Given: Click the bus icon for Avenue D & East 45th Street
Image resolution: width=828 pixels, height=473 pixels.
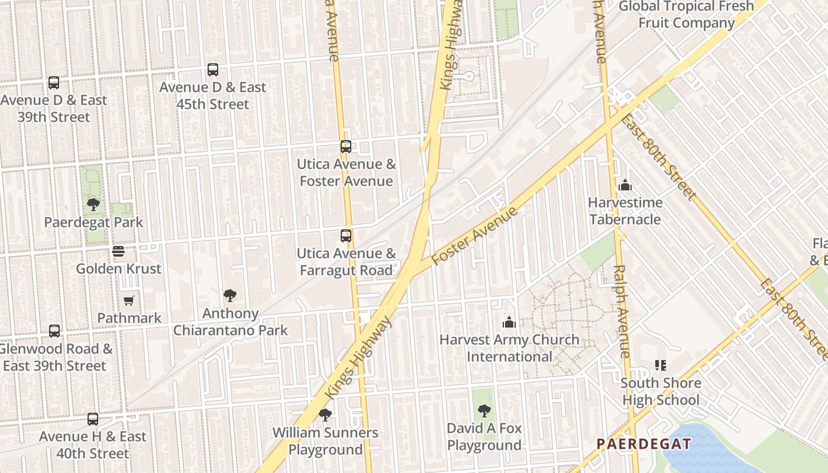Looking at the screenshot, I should pos(213,70).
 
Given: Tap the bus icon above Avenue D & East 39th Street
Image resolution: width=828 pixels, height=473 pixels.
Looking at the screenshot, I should pos(54,83).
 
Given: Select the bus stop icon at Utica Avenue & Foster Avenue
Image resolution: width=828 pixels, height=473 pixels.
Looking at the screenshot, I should pos(346,147).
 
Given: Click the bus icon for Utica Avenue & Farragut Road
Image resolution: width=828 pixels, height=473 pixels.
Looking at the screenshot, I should pos(346,236).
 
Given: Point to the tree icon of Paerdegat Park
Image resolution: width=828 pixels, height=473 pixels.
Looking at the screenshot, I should pos(93,205).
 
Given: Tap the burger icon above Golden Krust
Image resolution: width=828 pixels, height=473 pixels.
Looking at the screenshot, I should pos(118,251).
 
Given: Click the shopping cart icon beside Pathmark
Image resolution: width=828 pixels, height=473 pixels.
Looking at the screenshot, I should pos(129,300).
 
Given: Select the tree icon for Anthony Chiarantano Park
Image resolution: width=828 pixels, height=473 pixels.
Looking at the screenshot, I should pos(230,296).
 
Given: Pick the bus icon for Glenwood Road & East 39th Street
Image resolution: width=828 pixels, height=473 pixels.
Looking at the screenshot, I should pos(54,331).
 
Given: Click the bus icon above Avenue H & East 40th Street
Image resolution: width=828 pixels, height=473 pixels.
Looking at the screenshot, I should pos(93,419).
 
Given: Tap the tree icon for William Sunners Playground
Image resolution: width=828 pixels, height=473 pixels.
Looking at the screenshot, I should pos(325,415).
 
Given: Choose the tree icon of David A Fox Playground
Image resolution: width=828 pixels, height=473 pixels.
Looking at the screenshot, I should pos(484,410).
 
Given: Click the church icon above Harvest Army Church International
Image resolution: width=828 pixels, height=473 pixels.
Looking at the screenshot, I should pos(509,322).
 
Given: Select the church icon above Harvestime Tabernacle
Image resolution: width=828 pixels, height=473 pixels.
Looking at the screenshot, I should pos(625,186).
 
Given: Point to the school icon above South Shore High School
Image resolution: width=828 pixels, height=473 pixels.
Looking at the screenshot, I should pos(661,365).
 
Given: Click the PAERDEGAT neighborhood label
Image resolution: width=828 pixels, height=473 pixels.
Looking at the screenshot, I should pos(643,444).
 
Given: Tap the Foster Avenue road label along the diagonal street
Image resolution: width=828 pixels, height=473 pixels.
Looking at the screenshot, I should pos(474,237).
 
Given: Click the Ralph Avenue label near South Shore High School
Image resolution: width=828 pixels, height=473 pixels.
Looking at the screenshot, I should pos(622,311).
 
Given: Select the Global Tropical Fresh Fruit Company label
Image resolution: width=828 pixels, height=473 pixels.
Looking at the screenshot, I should pos(687,15).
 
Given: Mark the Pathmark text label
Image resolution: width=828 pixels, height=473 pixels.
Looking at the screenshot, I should pos(129,318).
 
